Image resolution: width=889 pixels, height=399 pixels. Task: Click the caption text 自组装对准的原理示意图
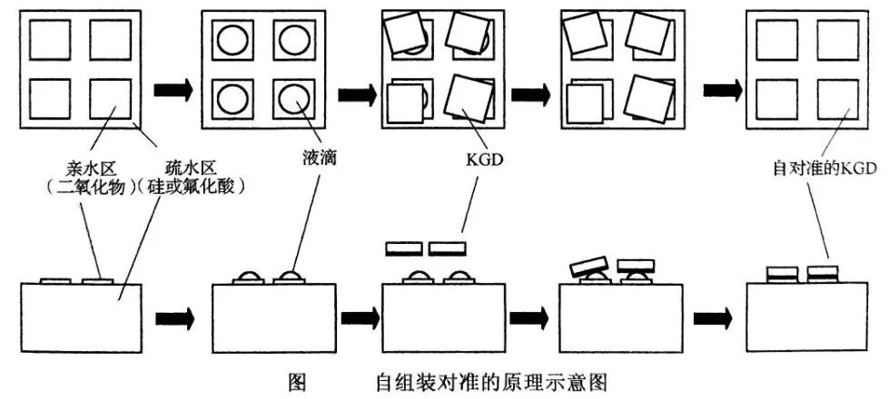tap(498, 382)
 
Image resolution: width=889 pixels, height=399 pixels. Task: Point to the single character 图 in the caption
tap(296, 382)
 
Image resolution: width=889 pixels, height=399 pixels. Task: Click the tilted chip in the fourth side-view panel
tap(589, 267)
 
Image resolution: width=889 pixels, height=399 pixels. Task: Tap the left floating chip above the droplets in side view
tap(404, 248)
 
